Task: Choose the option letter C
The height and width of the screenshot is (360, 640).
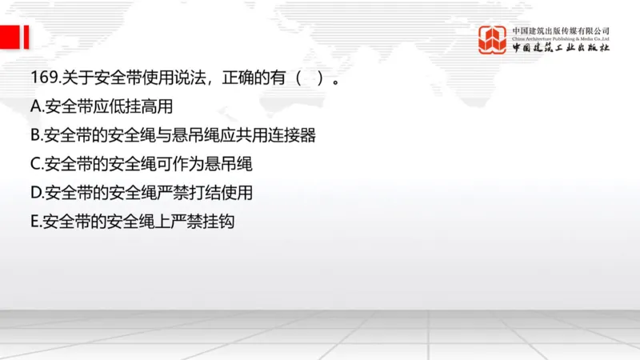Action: (35, 165)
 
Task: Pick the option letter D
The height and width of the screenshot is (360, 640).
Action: (35, 194)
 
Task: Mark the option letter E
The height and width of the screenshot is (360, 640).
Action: (34, 222)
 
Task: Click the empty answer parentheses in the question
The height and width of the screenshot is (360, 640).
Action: (308, 80)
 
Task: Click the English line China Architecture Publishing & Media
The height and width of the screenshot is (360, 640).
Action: (561, 38)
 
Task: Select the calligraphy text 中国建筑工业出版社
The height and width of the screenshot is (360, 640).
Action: (561, 49)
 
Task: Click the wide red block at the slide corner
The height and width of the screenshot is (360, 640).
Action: (9, 37)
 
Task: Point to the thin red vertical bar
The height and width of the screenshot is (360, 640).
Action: (26, 37)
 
